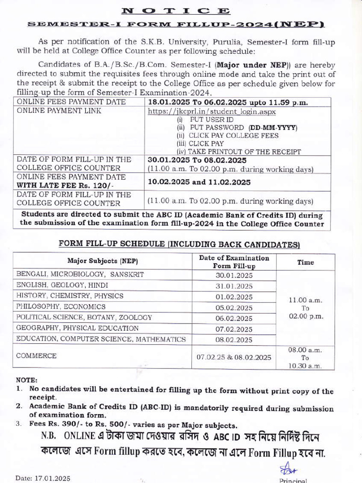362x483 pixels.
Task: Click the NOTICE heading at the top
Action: [x=175, y=10]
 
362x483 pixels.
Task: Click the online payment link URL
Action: [x=212, y=112]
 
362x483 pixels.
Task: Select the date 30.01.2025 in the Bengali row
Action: [x=234, y=275]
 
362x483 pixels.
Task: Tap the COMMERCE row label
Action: [x=36, y=356]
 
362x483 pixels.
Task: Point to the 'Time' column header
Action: [x=305, y=262]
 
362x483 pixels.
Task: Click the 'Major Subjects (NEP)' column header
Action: [x=102, y=261]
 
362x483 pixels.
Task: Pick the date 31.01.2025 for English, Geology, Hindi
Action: [x=234, y=286]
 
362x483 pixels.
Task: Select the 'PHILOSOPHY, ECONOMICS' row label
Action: [x=61, y=307]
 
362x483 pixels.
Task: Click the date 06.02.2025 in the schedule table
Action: [x=234, y=318]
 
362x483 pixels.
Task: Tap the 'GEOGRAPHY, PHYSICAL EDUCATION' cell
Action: [x=77, y=328]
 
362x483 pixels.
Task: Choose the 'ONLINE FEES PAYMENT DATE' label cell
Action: [x=71, y=102]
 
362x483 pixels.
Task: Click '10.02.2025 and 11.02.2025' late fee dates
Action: [x=199, y=182]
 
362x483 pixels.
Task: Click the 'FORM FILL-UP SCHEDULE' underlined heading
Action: [x=179, y=244]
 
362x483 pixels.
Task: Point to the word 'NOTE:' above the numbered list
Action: [x=26, y=380]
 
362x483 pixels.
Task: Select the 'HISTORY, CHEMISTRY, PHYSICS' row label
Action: [x=70, y=296]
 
